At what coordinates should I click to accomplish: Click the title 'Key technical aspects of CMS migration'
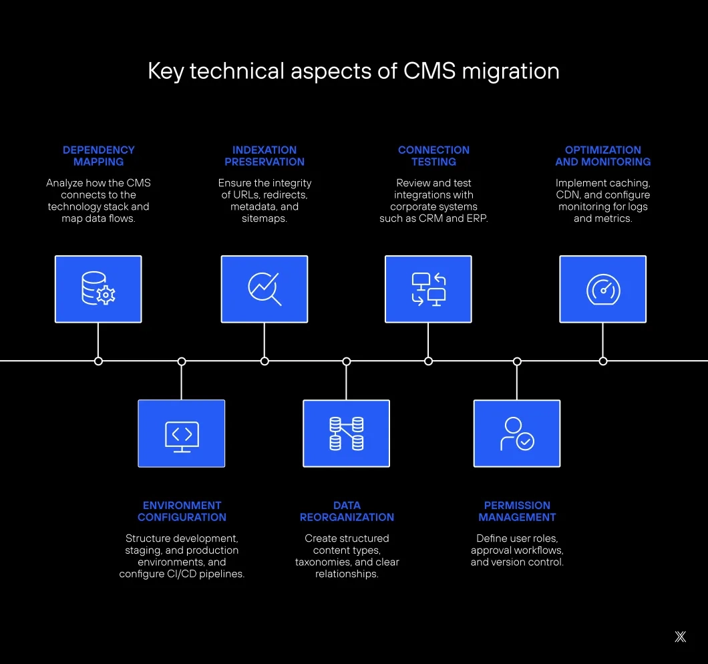coord(353,71)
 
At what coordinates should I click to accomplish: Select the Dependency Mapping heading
coord(98,156)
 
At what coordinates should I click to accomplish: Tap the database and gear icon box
coord(98,289)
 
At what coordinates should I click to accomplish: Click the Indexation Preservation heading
coord(264,156)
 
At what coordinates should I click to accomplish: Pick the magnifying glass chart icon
coord(264,289)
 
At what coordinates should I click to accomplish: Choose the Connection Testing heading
coord(433,156)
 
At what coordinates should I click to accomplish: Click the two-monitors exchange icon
coord(428,289)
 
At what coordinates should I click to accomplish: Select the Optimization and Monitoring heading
coord(602,156)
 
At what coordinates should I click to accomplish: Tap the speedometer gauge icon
coord(602,289)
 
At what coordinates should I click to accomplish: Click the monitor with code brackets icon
coord(182,434)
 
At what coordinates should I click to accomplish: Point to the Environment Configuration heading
coord(182,511)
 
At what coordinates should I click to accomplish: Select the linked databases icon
coord(346,434)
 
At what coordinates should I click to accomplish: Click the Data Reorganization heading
coord(347,511)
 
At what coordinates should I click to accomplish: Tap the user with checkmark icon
coord(517,434)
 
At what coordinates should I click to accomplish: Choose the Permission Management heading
coord(517,511)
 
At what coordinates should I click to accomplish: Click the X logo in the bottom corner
coord(680,637)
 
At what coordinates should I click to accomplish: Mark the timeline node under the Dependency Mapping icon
coord(98,361)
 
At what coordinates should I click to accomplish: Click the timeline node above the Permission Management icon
coord(517,361)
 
